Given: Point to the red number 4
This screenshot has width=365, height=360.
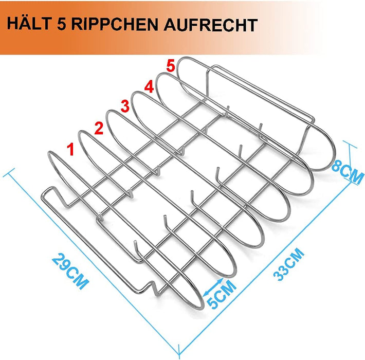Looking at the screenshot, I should (x=148, y=87).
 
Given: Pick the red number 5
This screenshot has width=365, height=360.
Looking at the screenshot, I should (x=172, y=66).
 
